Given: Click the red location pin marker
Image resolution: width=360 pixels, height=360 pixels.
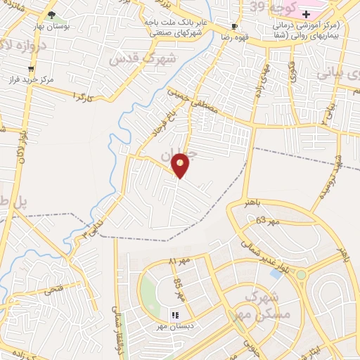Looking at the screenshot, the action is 181,165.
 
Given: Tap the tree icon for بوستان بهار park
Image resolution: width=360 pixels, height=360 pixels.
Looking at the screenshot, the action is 51,15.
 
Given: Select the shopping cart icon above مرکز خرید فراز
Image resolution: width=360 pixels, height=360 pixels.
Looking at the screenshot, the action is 30,68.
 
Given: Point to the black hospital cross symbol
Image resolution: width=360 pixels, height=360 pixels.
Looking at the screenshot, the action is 306,14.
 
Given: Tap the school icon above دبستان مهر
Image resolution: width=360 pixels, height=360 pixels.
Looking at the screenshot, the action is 175,315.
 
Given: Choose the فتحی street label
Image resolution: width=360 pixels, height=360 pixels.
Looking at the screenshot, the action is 53,288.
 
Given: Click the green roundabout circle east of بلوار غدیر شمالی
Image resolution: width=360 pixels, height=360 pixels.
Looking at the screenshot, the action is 302,274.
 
